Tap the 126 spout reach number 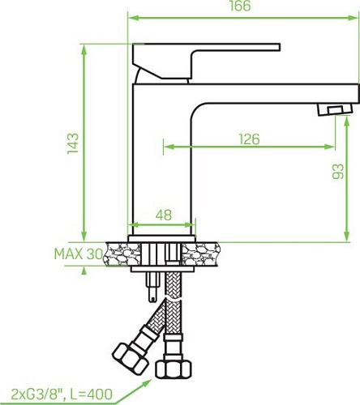[x=248, y=139]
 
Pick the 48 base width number [x=163, y=215]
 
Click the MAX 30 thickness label [x=78, y=254]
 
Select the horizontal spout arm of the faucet [x=268, y=93]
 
